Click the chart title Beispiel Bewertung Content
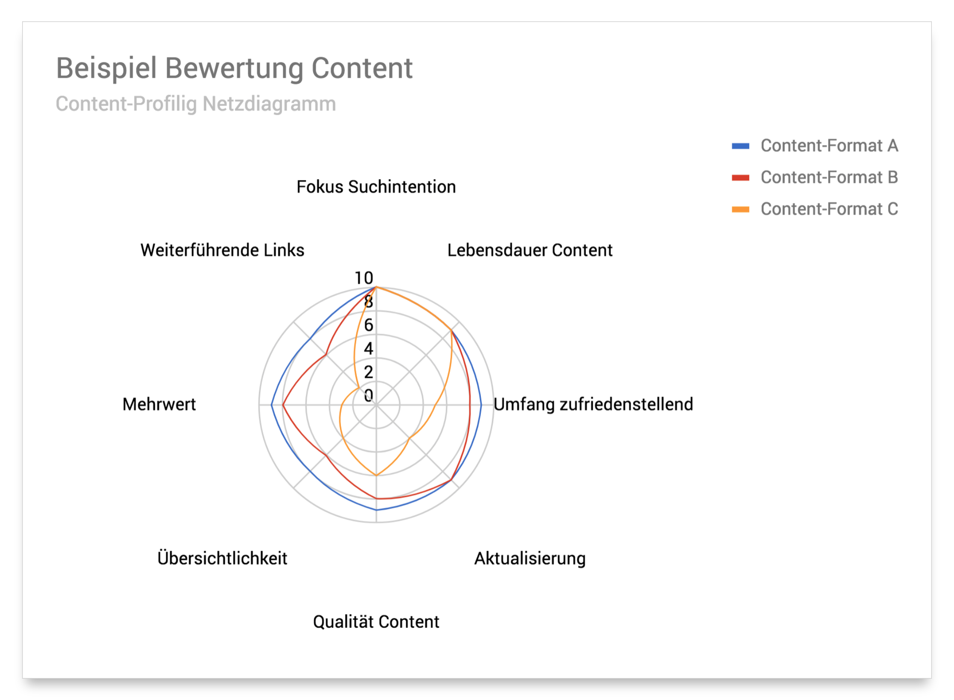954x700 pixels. [x=234, y=68]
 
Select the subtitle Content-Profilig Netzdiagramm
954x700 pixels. [x=196, y=104]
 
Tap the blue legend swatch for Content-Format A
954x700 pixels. [x=740, y=146]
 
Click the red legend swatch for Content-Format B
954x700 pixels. [x=740, y=178]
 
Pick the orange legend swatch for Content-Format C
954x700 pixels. [x=740, y=209]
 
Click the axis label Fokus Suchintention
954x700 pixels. [x=376, y=187]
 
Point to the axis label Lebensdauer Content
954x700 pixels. [x=529, y=250]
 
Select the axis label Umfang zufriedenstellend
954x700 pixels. [x=593, y=404]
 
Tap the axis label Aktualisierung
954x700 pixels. [x=530, y=558]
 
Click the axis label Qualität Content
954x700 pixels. [x=376, y=622]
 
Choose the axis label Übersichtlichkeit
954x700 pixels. [x=222, y=558]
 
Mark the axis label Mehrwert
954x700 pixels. [x=159, y=404]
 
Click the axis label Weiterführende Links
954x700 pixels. [x=222, y=250]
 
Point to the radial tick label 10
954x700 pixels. [x=364, y=278]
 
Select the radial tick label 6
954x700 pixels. [x=369, y=325]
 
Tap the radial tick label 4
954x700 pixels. [x=369, y=349]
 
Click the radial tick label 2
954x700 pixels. [x=369, y=372]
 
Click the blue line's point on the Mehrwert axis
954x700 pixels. [x=271, y=405]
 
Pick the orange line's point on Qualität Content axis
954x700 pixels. [x=376, y=475]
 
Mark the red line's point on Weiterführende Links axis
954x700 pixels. [x=326, y=354]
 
